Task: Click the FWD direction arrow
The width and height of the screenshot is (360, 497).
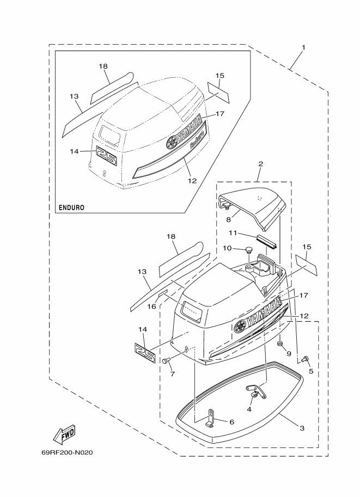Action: (64, 434)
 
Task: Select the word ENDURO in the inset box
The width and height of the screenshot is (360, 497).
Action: (72, 208)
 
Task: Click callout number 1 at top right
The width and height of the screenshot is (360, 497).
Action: (303, 47)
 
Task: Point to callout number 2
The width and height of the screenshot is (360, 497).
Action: (260, 164)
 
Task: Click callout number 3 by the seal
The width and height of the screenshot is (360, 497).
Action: (302, 428)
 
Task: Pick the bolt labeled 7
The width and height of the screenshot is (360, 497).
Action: (166, 361)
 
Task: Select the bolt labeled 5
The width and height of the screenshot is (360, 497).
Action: (305, 359)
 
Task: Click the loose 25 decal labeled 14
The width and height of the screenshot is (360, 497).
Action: (145, 352)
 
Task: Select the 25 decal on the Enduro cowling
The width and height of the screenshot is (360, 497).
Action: (107, 156)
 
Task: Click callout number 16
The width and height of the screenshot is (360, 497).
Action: (152, 306)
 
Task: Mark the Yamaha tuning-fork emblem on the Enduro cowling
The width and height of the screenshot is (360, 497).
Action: (173, 142)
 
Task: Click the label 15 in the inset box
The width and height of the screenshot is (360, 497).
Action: (219, 76)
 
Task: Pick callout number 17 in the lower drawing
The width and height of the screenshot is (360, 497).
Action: (303, 296)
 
